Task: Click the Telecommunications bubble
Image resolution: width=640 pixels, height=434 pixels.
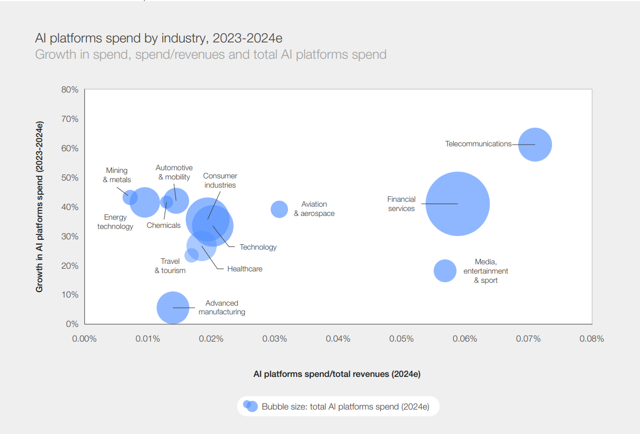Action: point(535,145)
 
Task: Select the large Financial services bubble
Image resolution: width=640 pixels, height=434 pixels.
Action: point(457,204)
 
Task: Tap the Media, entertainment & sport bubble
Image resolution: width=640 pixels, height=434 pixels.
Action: point(445,270)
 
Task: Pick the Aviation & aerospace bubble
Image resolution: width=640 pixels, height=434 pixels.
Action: point(279,209)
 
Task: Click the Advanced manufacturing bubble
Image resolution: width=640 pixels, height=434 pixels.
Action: point(173,308)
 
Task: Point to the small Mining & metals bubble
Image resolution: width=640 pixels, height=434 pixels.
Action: point(130,197)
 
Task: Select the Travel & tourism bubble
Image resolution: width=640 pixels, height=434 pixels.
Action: point(191,255)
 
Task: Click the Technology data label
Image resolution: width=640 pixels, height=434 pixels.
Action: point(258,247)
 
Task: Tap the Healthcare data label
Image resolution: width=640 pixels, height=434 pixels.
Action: point(245,269)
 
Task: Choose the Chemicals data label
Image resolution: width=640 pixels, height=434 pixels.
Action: point(164,225)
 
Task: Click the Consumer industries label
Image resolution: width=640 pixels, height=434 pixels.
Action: point(220,180)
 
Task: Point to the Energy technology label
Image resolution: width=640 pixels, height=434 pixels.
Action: point(115,222)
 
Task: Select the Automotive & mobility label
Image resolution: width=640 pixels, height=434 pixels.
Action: point(174,172)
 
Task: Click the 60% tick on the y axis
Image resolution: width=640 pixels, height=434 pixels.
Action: point(70,148)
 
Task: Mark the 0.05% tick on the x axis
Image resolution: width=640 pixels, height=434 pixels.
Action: point(401,339)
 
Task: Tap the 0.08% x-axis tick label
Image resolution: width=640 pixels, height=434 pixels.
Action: point(592,339)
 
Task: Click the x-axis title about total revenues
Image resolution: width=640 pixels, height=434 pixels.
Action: point(337,374)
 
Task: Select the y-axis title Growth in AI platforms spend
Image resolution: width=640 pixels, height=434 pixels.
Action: point(39,207)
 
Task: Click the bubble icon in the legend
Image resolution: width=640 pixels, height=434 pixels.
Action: point(250,406)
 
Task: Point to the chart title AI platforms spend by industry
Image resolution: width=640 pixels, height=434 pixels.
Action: point(159,38)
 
